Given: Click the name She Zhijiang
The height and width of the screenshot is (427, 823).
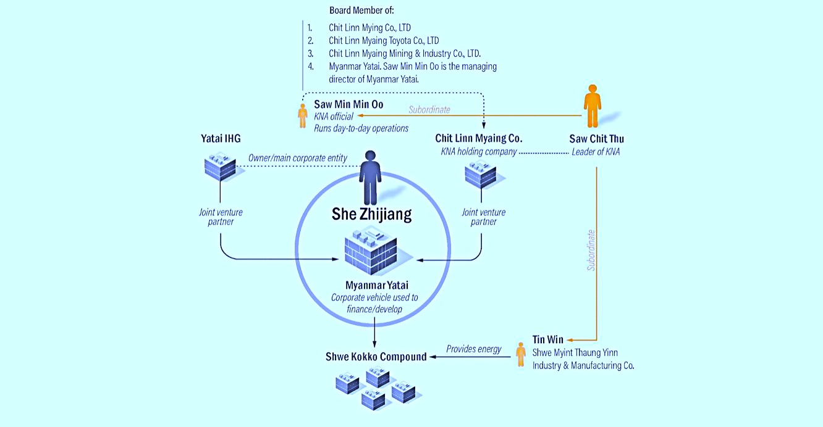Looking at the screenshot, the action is (371, 214).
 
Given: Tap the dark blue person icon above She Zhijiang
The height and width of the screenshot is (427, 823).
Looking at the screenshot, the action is (370, 178).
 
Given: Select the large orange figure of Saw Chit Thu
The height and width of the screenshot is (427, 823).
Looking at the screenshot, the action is (593, 106).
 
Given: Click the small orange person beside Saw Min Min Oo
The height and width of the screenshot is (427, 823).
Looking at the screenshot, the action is (303, 116).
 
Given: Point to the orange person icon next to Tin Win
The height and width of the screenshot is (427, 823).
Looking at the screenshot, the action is (521, 354).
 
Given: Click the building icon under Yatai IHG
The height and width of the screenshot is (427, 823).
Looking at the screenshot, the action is (220, 167).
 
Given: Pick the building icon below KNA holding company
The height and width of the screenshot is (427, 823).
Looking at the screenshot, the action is (481, 175).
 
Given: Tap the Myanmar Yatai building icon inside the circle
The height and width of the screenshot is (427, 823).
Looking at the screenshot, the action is (371, 251).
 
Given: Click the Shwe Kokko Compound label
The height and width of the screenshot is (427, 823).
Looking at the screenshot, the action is (376, 357).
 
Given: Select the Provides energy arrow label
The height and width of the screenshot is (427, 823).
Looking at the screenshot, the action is (473, 349).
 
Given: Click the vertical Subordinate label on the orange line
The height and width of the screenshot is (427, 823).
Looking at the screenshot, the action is (591, 250).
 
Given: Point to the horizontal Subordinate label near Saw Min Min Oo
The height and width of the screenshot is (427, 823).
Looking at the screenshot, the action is (429, 110).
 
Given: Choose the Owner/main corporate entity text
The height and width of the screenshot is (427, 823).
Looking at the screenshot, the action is (298, 158).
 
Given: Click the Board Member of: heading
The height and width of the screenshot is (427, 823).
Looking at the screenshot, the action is (361, 10).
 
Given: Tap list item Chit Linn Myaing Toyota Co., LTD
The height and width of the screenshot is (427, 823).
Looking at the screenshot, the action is (384, 40).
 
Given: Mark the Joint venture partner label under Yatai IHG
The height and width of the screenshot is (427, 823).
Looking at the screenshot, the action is (221, 217).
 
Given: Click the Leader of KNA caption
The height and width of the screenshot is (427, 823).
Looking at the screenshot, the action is (596, 152).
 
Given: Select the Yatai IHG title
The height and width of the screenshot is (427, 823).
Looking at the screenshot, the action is (221, 139).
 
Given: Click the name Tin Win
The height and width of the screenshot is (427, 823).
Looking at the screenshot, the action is (548, 340).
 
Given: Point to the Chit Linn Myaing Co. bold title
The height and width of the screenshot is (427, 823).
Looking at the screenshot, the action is (479, 138).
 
